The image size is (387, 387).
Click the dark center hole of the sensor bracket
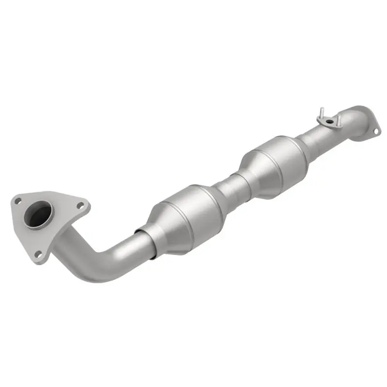tap(329, 121)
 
